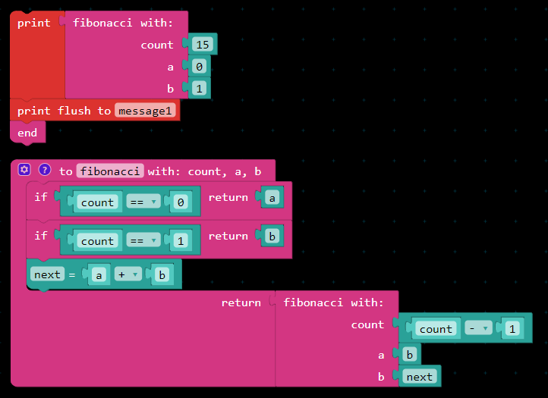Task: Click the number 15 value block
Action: (203, 45)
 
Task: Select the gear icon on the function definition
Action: (24, 171)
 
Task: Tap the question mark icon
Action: (45, 171)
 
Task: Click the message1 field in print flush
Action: (146, 111)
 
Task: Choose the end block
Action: (27, 133)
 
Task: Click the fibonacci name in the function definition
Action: (110, 171)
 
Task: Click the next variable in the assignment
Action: (47, 274)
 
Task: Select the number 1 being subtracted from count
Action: (512, 329)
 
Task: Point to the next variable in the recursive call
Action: (419, 377)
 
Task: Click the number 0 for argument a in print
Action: (199, 67)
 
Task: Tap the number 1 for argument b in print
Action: (199, 89)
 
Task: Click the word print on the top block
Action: (33, 23)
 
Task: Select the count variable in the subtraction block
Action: (436, 329)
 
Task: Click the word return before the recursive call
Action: (241, 302)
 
